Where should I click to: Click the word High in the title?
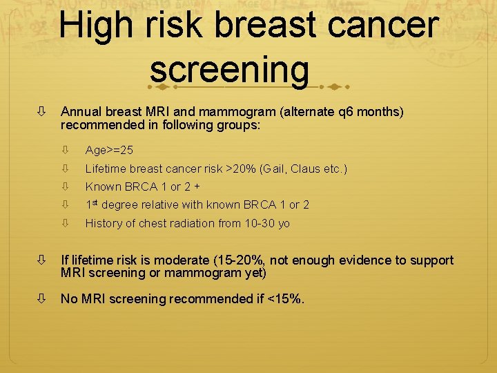[x=97, y=26]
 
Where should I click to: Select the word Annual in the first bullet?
[x=80, y=112]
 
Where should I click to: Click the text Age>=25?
[x=109, y=150]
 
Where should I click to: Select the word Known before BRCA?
[x=103, y=186]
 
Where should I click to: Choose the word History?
[x=104, y=223]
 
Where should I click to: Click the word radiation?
[x=208, y=223]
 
